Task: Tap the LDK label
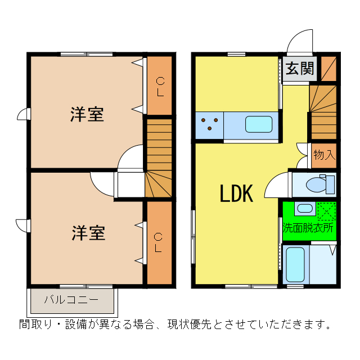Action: pyautogui.click(x=236, y=193)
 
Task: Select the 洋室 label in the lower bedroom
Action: pyautogui.click(x=88, y=233)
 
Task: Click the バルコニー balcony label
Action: pyautogui.click(x=71, y=299)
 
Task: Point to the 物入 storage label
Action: pyautogui.click(x=325, y=154)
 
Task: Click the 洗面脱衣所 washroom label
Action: pyautogui.click(x=308, y=228)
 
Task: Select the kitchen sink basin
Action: pyautogui.click(x=259, y=124)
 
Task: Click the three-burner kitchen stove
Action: pyautogui.click(x=210, y=124)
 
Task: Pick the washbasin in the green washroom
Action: pyautogui.click(x=305, y=208)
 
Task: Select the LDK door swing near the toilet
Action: pyautogui.click(x=276, y=187)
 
